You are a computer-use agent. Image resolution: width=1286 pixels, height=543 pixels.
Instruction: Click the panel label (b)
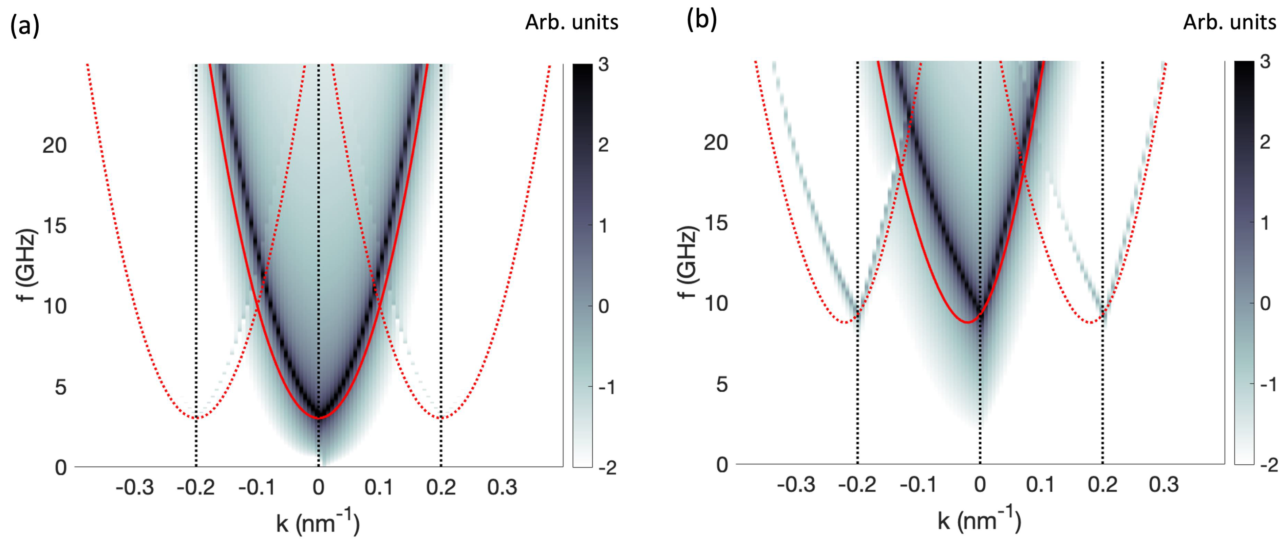click(701, 20)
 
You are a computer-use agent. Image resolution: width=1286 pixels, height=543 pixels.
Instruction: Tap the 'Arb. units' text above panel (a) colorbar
click(572, 22)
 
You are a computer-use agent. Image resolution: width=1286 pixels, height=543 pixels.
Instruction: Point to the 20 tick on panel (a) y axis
click(54, 146)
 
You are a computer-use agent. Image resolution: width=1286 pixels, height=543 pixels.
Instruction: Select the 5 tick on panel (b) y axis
click(721, 384)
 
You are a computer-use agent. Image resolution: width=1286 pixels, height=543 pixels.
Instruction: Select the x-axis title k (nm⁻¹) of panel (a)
click(318, 522)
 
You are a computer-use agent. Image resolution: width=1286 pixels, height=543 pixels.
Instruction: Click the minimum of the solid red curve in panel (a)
click(319, 417)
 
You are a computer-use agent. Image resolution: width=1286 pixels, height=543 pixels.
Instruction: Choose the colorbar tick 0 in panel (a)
click(604, 307)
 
